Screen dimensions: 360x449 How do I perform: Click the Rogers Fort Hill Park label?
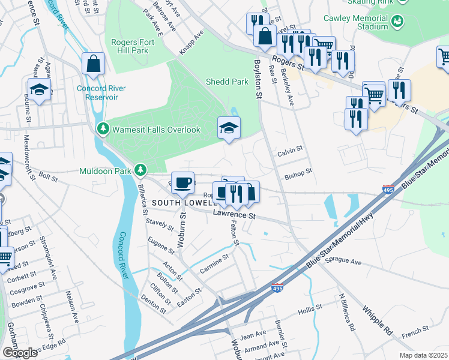130,46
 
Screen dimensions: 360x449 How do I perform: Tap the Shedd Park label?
227,82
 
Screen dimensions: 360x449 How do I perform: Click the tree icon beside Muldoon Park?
140,171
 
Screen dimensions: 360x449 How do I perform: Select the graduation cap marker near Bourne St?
39,89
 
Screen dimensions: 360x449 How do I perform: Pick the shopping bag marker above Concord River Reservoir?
93,63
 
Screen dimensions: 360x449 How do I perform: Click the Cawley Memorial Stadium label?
356,22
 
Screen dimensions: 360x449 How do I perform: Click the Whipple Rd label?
377,322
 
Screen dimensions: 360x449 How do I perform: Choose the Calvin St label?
290,154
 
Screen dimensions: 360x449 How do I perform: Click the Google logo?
20,353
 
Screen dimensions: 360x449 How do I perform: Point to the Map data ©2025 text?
423,355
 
